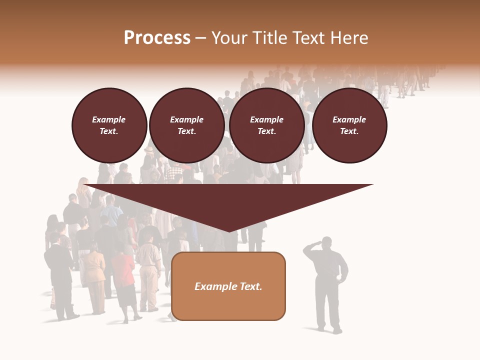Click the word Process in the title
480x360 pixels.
(x=157, y=38)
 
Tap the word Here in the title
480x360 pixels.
(x=349, y=38)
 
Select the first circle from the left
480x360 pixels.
(x=109, y=125)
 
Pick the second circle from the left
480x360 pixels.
(x=186, y=125)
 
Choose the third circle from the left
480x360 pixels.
(x=266, y=125)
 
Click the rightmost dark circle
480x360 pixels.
(x=349, y=125)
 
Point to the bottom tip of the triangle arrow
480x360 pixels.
(x=229, y=230)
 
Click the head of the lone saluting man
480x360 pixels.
(x=326, y=243)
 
